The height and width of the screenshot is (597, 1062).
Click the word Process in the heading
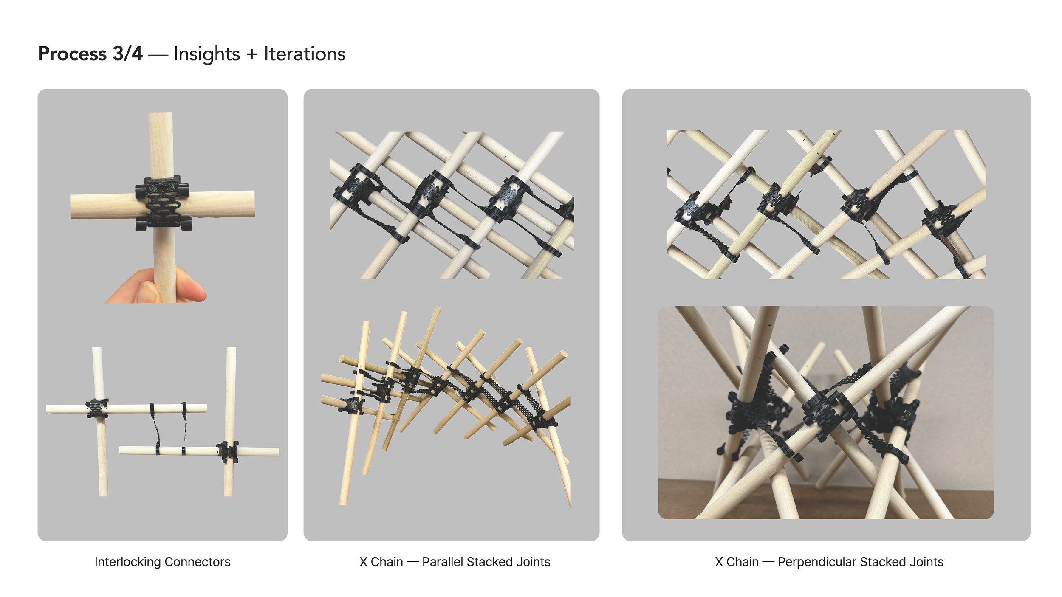(x=73, y=54)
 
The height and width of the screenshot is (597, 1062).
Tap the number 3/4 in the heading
(x=128, y=54)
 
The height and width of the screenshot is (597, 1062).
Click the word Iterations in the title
(x=305, y=54)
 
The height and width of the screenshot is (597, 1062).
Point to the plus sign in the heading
(x=252, y=55)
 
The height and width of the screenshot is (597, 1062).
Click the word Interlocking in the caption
(x=127, y=562)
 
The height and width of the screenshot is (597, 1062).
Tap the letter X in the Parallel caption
(x=363, y=562)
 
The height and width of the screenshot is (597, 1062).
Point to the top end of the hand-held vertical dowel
(x=161, y=113)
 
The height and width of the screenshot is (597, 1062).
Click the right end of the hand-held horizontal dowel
(x=253, y=204)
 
